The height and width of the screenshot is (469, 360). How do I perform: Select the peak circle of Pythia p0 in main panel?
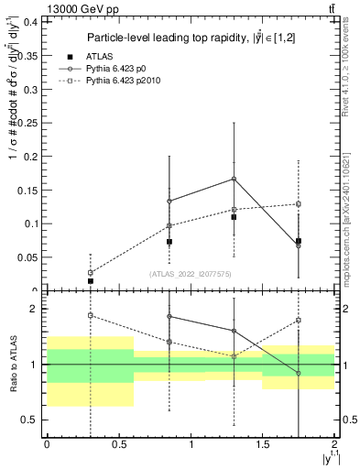(x=234, y=179)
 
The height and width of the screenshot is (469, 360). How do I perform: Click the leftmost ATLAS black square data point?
(x=91, y=281)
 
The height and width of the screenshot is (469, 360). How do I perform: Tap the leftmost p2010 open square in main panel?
(x=91, y=273)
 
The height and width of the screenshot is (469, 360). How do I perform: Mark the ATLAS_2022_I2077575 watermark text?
(x=191, y=274)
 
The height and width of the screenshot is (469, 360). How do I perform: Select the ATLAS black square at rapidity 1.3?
(x=234, y=217)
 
